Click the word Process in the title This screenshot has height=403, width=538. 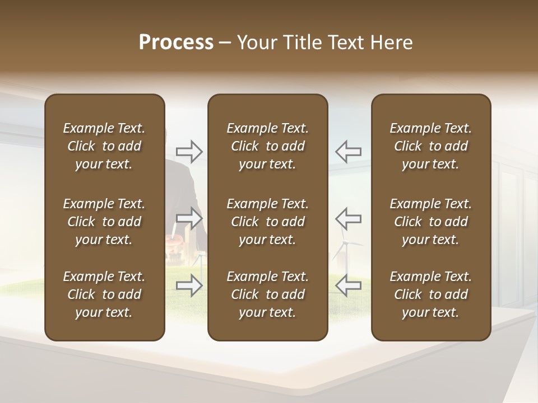point(176,43)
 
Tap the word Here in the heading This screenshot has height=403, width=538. point(391,43)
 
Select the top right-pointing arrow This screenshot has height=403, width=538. point(189,151)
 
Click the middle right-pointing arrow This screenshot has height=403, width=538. point(189,218)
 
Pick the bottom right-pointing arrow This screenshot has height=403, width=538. point(189,285)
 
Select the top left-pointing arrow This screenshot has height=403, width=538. point(348,151)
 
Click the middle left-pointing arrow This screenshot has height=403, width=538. point(348,218)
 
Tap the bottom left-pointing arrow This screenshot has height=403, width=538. point(348,285)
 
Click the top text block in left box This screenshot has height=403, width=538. point(104,146)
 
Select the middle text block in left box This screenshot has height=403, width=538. point(104,222)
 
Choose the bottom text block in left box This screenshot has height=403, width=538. point(104,294)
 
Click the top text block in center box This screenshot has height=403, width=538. point(267,146)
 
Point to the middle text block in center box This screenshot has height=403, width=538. point(267,222)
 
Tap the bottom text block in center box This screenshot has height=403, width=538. point(267,294)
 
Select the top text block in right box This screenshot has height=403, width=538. point(430,146)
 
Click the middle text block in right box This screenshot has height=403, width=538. point(430,222)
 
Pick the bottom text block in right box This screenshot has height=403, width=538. point(430,294)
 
